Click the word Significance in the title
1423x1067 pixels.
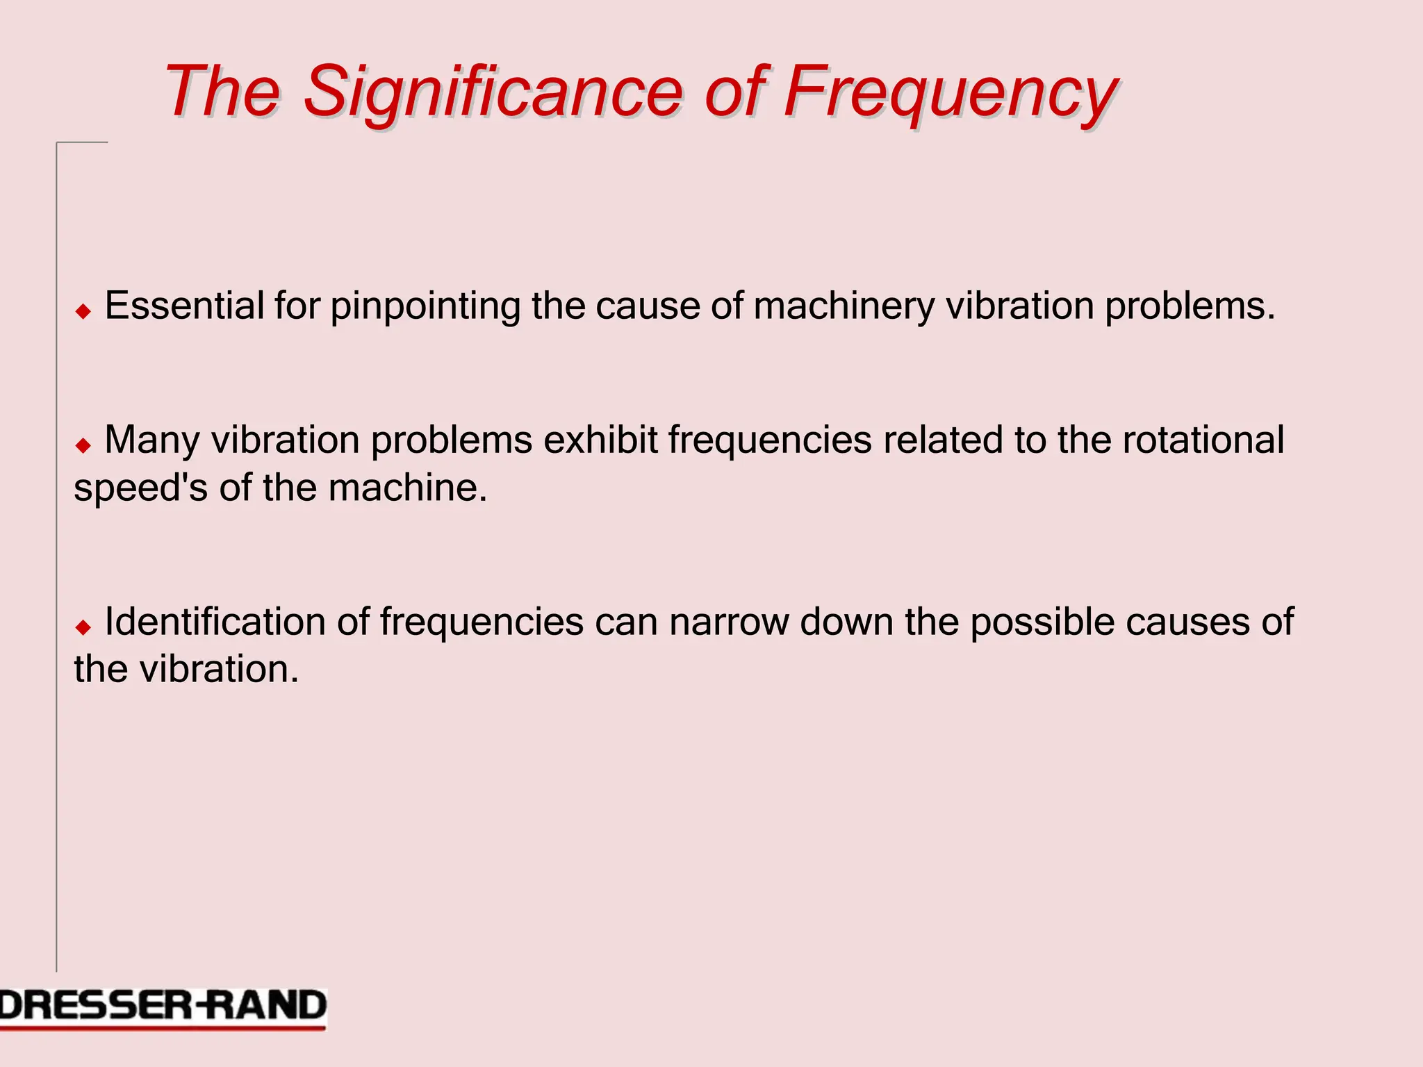pos(493,92)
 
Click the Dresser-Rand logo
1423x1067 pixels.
pos(163,1007)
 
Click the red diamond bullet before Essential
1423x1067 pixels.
pos(83,311)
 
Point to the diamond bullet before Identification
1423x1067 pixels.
pos(83,627)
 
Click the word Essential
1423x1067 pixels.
pos(184,306)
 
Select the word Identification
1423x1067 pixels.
pos(215,622)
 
